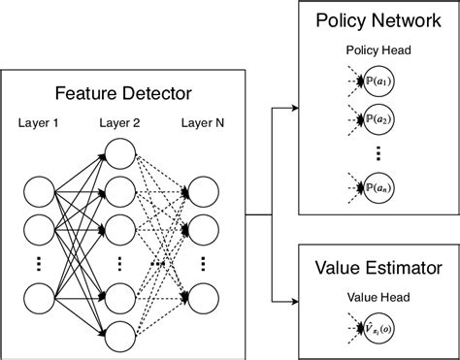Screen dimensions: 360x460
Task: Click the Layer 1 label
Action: point(38,125)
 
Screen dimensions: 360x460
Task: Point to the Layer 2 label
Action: point(121,125)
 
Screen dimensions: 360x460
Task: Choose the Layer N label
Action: point(204,125)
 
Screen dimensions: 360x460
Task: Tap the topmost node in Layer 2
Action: point(121,154)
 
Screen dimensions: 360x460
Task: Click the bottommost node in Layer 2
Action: point(121,335)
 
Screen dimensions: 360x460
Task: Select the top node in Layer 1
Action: point(38,190)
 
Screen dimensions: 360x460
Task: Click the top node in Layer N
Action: point(204,190)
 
